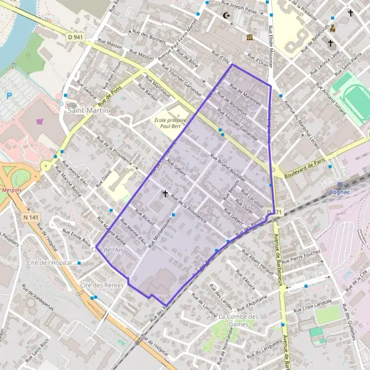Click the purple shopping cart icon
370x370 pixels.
(40, 121)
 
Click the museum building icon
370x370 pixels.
(249, 38)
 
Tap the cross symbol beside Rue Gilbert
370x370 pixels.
(165, 194)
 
